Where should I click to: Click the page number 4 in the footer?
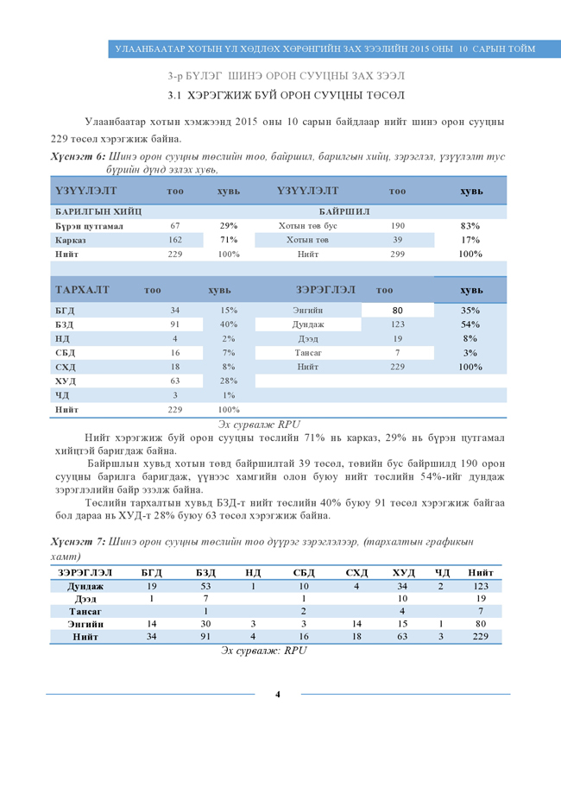(278, 693)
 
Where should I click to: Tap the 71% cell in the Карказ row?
(229, 240)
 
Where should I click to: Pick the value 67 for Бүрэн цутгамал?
(175, 226)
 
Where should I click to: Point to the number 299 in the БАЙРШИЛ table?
(398, 254)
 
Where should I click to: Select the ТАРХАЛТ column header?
(82, 289)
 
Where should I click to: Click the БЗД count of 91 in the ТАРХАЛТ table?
(175, 324)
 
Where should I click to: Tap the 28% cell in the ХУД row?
(229, 381)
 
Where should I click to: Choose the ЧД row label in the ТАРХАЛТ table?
(62, 394)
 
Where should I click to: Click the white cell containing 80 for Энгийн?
(398, 310)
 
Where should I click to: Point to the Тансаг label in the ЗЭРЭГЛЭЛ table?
(308, 353)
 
